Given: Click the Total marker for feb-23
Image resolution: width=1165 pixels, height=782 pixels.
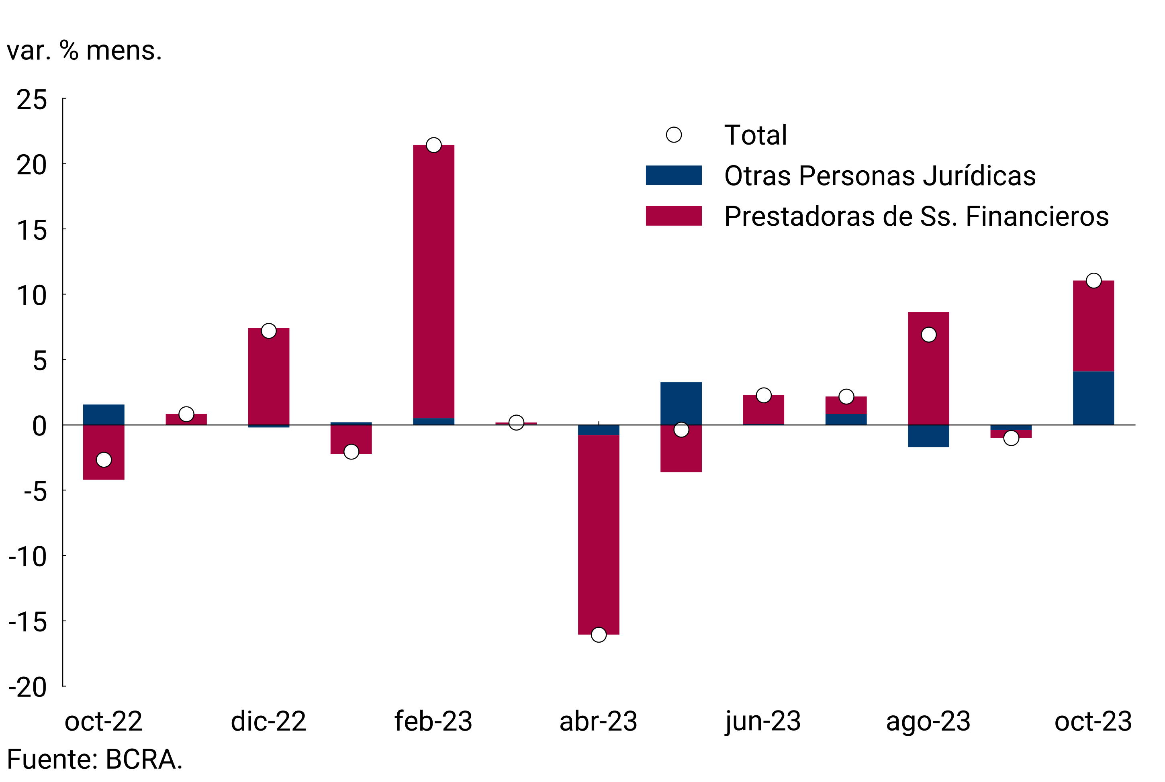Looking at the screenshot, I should click(x=433, y=145).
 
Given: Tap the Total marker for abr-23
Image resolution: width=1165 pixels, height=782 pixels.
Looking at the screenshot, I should click(x=599, y=635).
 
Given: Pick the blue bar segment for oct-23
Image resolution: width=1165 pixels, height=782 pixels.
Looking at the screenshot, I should click(x=1093, y=398).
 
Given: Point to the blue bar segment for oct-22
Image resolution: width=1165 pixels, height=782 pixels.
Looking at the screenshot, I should click(x=104, y=414).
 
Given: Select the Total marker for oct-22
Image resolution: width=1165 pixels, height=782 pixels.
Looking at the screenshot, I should click(x=104, y=459).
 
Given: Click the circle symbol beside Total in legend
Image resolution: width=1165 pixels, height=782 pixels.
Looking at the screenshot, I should click(x=674, y=135).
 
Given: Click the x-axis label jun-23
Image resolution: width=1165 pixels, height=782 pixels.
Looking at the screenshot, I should click(x=763, y=721).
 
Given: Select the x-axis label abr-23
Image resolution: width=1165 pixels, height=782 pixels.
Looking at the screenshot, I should click(x=599, y=721).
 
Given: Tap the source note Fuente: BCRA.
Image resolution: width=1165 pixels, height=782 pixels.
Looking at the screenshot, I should click(x=95, y=760).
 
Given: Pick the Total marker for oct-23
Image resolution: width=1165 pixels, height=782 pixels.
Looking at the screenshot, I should click(x=1093, y=281).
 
